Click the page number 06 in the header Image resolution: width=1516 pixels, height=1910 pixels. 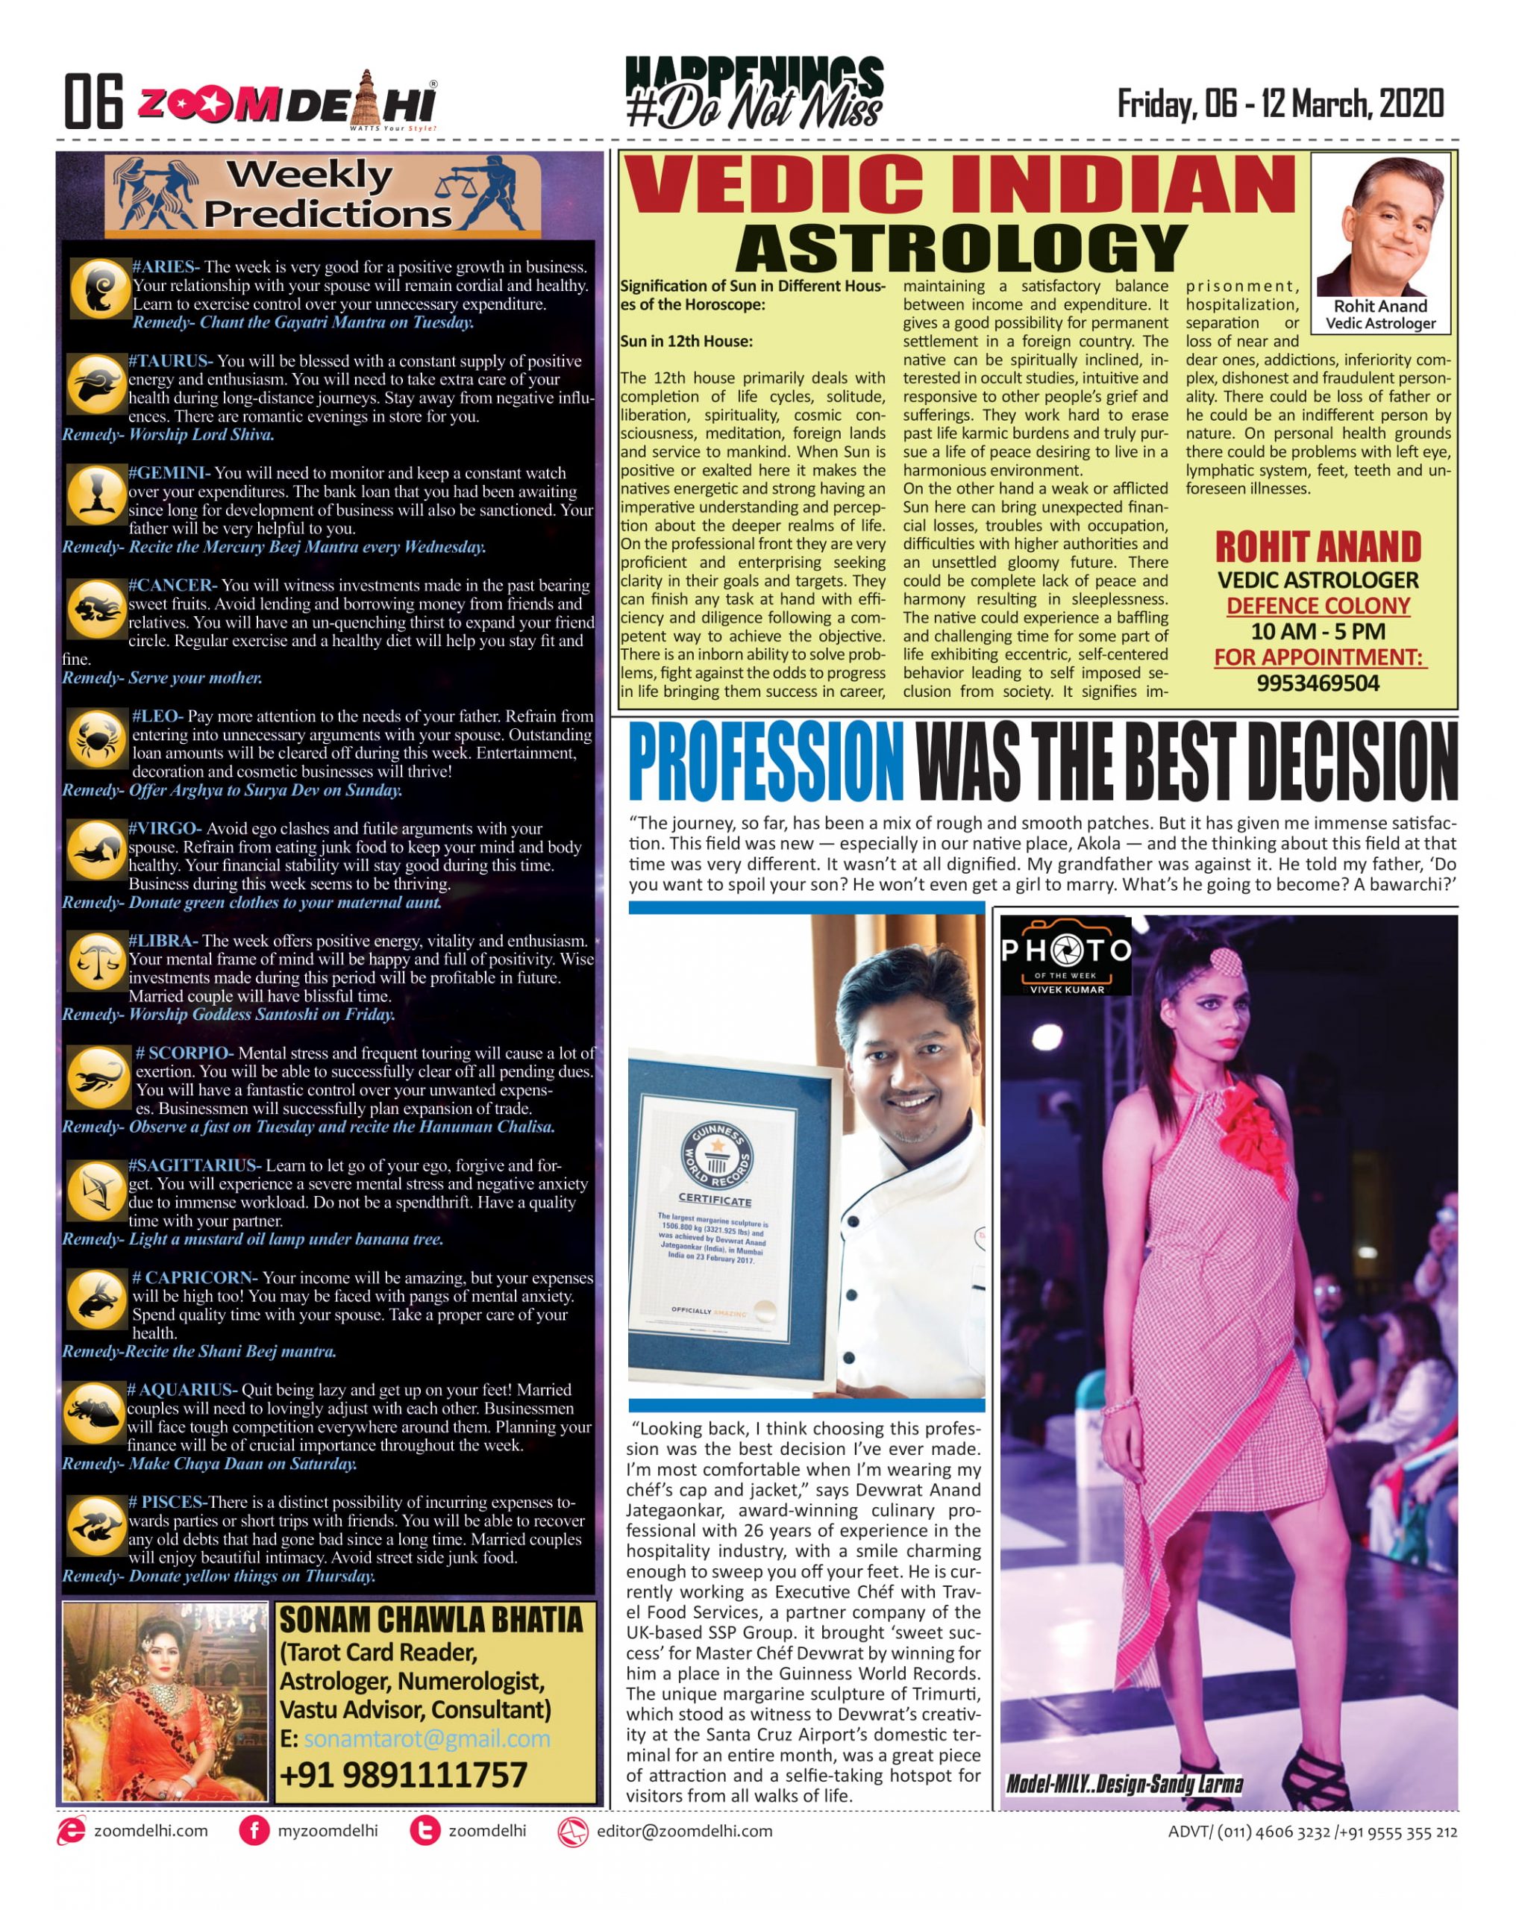[x=93, y=102]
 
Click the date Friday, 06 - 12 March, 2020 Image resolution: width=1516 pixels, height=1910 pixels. [x=1279, y=104]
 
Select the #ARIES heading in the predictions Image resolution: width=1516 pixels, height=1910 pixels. [x=165, y=266]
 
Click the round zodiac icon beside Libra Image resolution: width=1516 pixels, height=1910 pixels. [x=95, y=960]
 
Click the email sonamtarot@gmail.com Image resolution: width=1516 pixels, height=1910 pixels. [x=426, y=1739]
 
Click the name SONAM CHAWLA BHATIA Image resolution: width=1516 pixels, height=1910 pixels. [x=430, y=1621]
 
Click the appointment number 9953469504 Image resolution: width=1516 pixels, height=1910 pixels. [x=1318, y=683]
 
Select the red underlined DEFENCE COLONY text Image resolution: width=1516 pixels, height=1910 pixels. [x=1318, y=606]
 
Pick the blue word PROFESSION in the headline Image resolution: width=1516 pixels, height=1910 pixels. [x=765, y=761]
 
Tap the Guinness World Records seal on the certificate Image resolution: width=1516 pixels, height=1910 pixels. [x=716, y=1154]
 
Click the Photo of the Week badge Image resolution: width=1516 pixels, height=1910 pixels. [x=1066, y=956]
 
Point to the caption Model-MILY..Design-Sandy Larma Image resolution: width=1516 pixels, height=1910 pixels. [x=1124, y=1784]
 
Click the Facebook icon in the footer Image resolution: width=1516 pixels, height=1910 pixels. [x=254, y=1831]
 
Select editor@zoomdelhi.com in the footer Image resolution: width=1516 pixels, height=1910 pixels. [x=684, y=1831]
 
